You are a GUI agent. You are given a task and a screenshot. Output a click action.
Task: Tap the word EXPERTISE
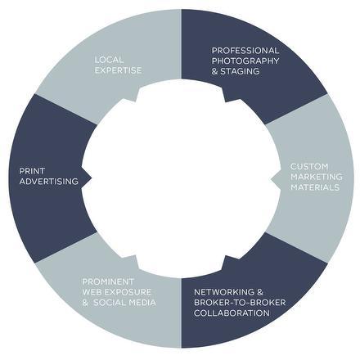(118, 70)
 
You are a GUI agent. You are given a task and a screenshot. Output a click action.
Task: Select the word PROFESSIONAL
(245, 51)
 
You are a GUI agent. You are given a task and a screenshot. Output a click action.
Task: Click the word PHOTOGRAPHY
(245, 61)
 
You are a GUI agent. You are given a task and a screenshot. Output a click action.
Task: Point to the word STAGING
(240, 71)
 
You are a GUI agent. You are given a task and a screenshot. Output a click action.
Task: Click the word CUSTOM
(309, 166)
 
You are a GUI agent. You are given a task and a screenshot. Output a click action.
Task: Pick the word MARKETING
(317, 177)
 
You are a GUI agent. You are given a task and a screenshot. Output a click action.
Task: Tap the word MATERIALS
(315, 187)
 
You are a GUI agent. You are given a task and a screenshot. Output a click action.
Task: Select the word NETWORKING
(224, 292)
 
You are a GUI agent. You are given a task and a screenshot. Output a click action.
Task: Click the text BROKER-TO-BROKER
(240, 303)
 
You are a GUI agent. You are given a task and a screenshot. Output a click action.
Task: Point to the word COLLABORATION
(232, 313)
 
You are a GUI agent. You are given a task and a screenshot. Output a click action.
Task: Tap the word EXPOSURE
(128, 292)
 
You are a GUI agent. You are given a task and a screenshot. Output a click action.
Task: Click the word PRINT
(32, 171)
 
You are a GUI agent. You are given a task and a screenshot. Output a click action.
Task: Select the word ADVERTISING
(49, 182)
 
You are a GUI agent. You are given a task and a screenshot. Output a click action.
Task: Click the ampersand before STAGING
(215, 71)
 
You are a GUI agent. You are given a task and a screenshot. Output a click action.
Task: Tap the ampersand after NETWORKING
(260, 292)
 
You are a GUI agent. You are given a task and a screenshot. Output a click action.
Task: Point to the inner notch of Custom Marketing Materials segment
(271, 179)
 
